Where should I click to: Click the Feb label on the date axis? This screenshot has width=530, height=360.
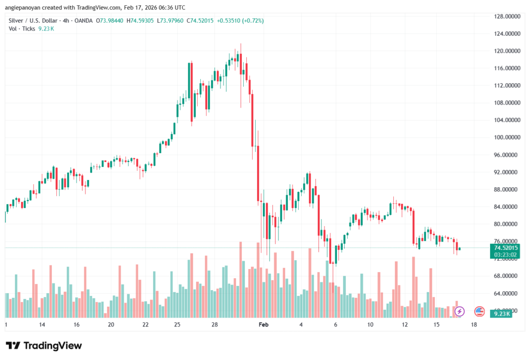click(x=264, y=325)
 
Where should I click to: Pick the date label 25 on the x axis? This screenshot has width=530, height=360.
click(x=177, y=325)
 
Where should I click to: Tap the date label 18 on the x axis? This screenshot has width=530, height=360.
click(x=473, y=325)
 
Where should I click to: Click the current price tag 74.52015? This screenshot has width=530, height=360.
click(x=500, y=247)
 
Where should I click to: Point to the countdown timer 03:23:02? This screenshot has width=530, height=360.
click(x=500, y=254)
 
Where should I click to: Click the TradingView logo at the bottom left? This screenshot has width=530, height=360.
click(x=43, y=346)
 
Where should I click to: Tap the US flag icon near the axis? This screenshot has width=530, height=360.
click(x=479, y=311)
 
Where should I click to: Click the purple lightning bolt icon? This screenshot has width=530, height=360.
click(x=459, y=311)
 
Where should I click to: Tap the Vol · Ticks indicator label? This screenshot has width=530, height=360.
click(x=22, y=28)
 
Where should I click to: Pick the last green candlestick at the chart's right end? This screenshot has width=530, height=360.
click(x=460, y=248)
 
